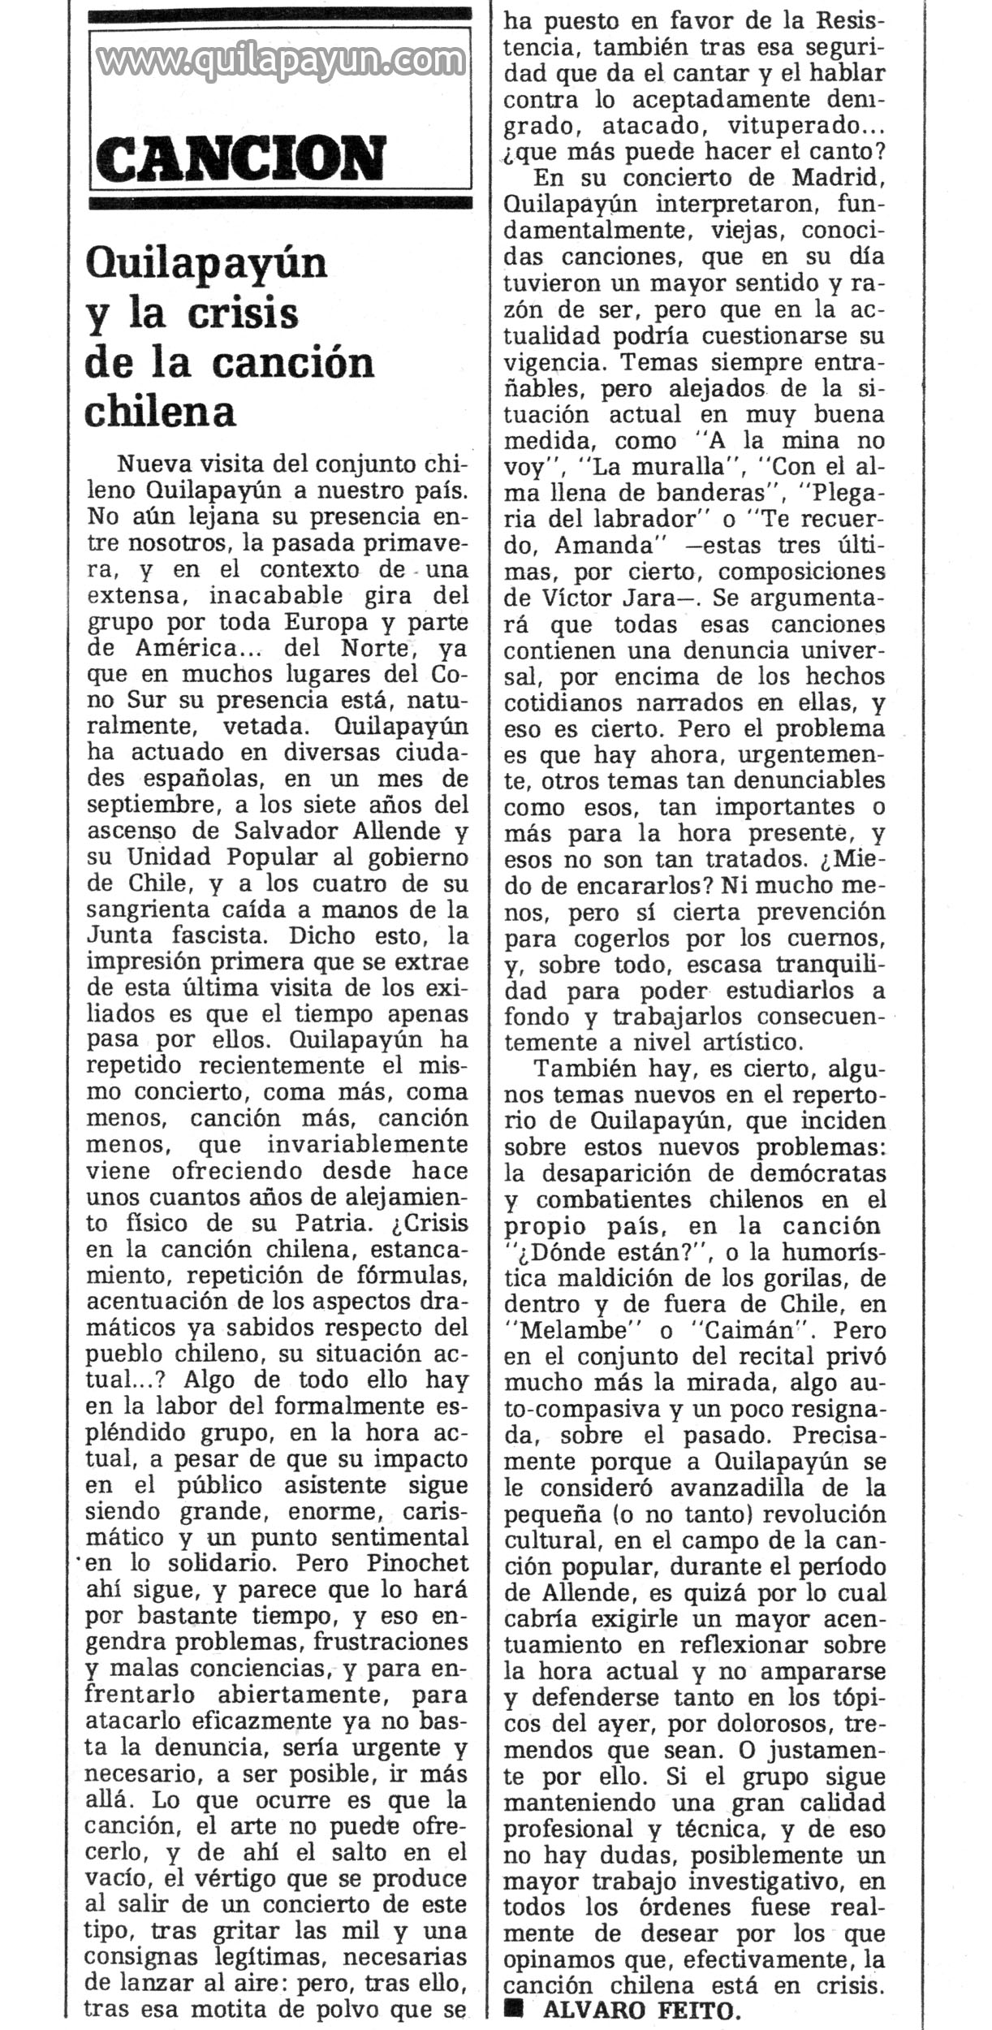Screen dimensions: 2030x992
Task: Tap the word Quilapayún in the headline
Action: point(206,264)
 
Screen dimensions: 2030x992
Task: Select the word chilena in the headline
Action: point(160,412)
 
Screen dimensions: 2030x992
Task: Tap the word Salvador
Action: point(283,831)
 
